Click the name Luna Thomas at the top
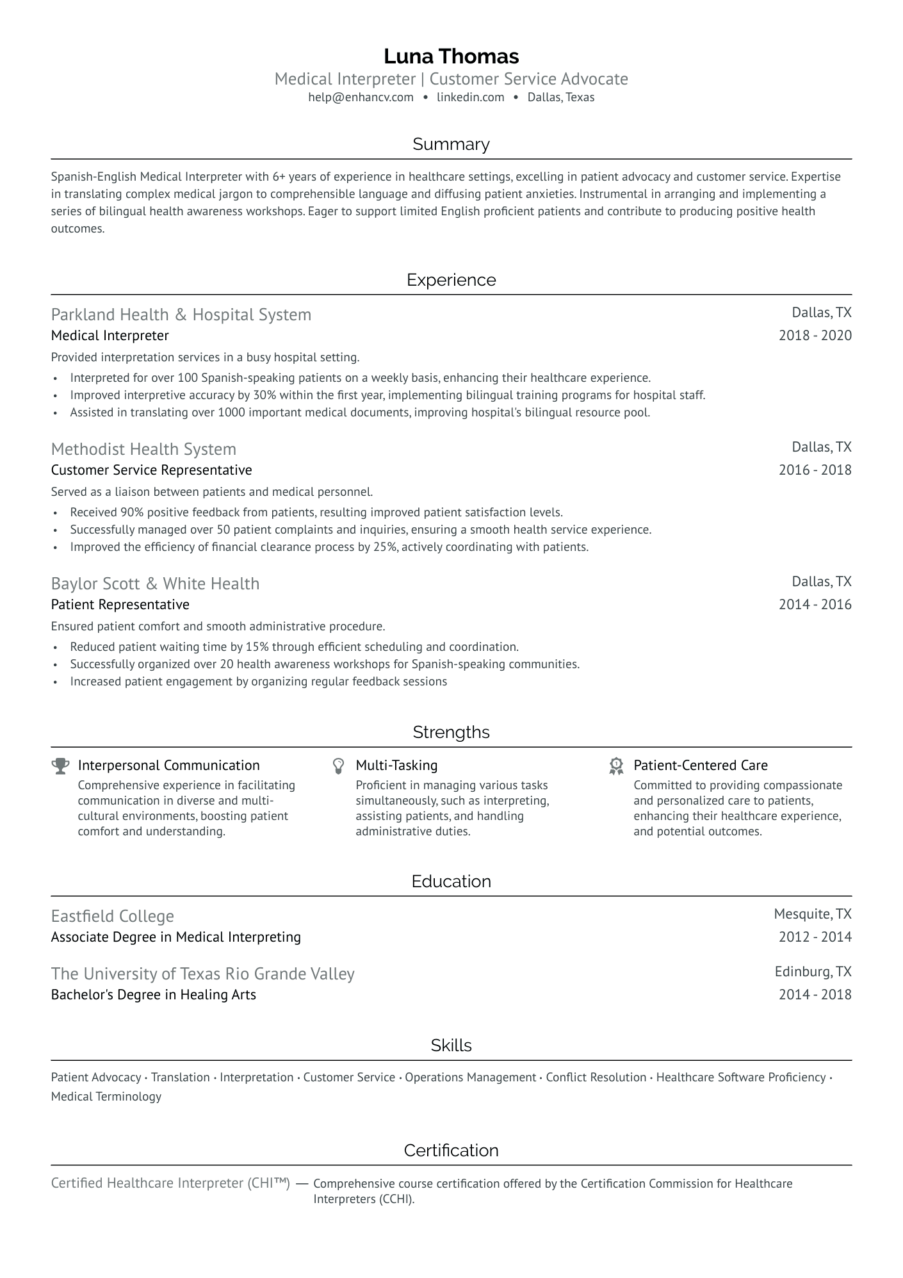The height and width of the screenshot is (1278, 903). pos(451,56)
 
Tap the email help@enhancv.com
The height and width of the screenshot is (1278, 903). pos(361,97)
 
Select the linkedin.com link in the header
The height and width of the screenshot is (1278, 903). pos(470,97)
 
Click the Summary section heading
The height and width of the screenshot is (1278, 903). pos(451,144)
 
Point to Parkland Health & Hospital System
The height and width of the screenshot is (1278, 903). pos(181,315)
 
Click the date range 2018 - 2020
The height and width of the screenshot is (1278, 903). pos(815,336)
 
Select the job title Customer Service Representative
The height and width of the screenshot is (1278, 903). pos(151,470)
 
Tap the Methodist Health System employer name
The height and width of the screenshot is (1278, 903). pos(143,449)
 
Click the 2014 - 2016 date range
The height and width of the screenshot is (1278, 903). pos(815,605)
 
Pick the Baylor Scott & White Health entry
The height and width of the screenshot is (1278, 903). pos(155,584)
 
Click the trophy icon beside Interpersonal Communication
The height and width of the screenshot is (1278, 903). pos(61,766)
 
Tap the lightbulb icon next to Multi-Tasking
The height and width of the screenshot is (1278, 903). pos(339,766)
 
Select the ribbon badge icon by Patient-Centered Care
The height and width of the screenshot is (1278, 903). pos(616,766)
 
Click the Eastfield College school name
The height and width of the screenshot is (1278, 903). pos(112,916)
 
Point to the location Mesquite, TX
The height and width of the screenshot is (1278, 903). pos(812,913)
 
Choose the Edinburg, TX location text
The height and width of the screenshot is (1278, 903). pos(813,971)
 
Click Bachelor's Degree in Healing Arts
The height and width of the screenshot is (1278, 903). pos(153,995)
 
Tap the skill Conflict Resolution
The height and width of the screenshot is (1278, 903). pos(596,1077)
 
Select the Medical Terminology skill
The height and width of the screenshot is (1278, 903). pos(106,1096)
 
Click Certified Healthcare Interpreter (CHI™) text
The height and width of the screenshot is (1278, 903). pos(170,1183)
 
